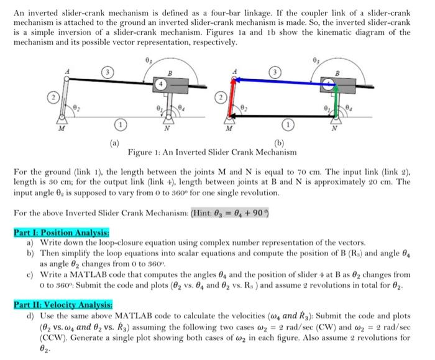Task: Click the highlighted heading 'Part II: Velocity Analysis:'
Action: click(63, 305)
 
